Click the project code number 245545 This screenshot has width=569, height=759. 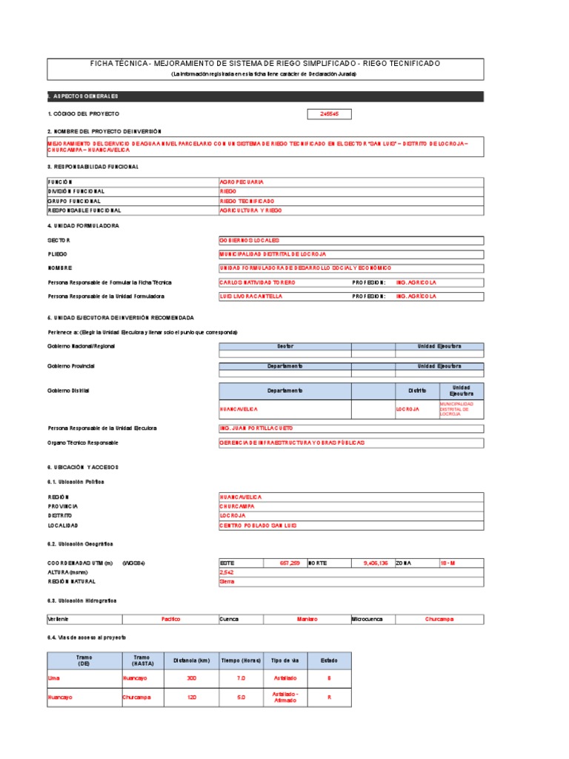(330, 114)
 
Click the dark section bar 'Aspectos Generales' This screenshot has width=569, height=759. (265, 96)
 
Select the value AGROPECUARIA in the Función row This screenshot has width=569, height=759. (242, 182)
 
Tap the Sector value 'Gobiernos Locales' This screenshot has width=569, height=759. (249, 241)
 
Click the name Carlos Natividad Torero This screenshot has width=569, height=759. (258, 282)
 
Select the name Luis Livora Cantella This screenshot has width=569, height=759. (251, 296)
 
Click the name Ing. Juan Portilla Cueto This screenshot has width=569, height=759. (256, 428)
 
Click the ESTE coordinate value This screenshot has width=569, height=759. (289, 563)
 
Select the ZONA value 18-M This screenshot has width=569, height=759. (447, 563)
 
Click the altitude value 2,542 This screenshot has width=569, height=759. (227, 573)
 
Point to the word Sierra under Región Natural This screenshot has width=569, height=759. (227, 582)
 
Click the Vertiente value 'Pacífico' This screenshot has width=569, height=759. (170, 619)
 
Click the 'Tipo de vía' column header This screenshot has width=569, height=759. (285, 660)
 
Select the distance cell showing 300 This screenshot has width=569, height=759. (192, 678)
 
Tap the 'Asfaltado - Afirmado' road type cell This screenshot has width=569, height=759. (285, 697)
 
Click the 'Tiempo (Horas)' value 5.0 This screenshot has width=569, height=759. (241, 697)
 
